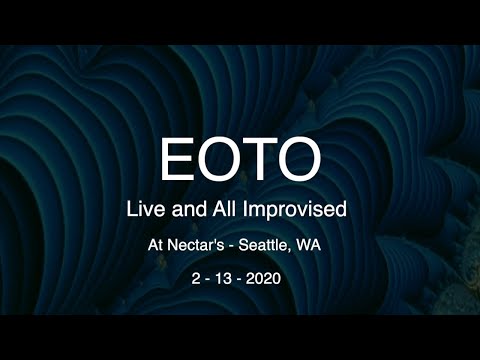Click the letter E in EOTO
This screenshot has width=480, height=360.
[178, 159]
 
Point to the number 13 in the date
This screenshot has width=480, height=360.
[231, 277]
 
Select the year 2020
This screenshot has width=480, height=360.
[274, 277]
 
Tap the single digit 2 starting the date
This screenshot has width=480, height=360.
[197, 277]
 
